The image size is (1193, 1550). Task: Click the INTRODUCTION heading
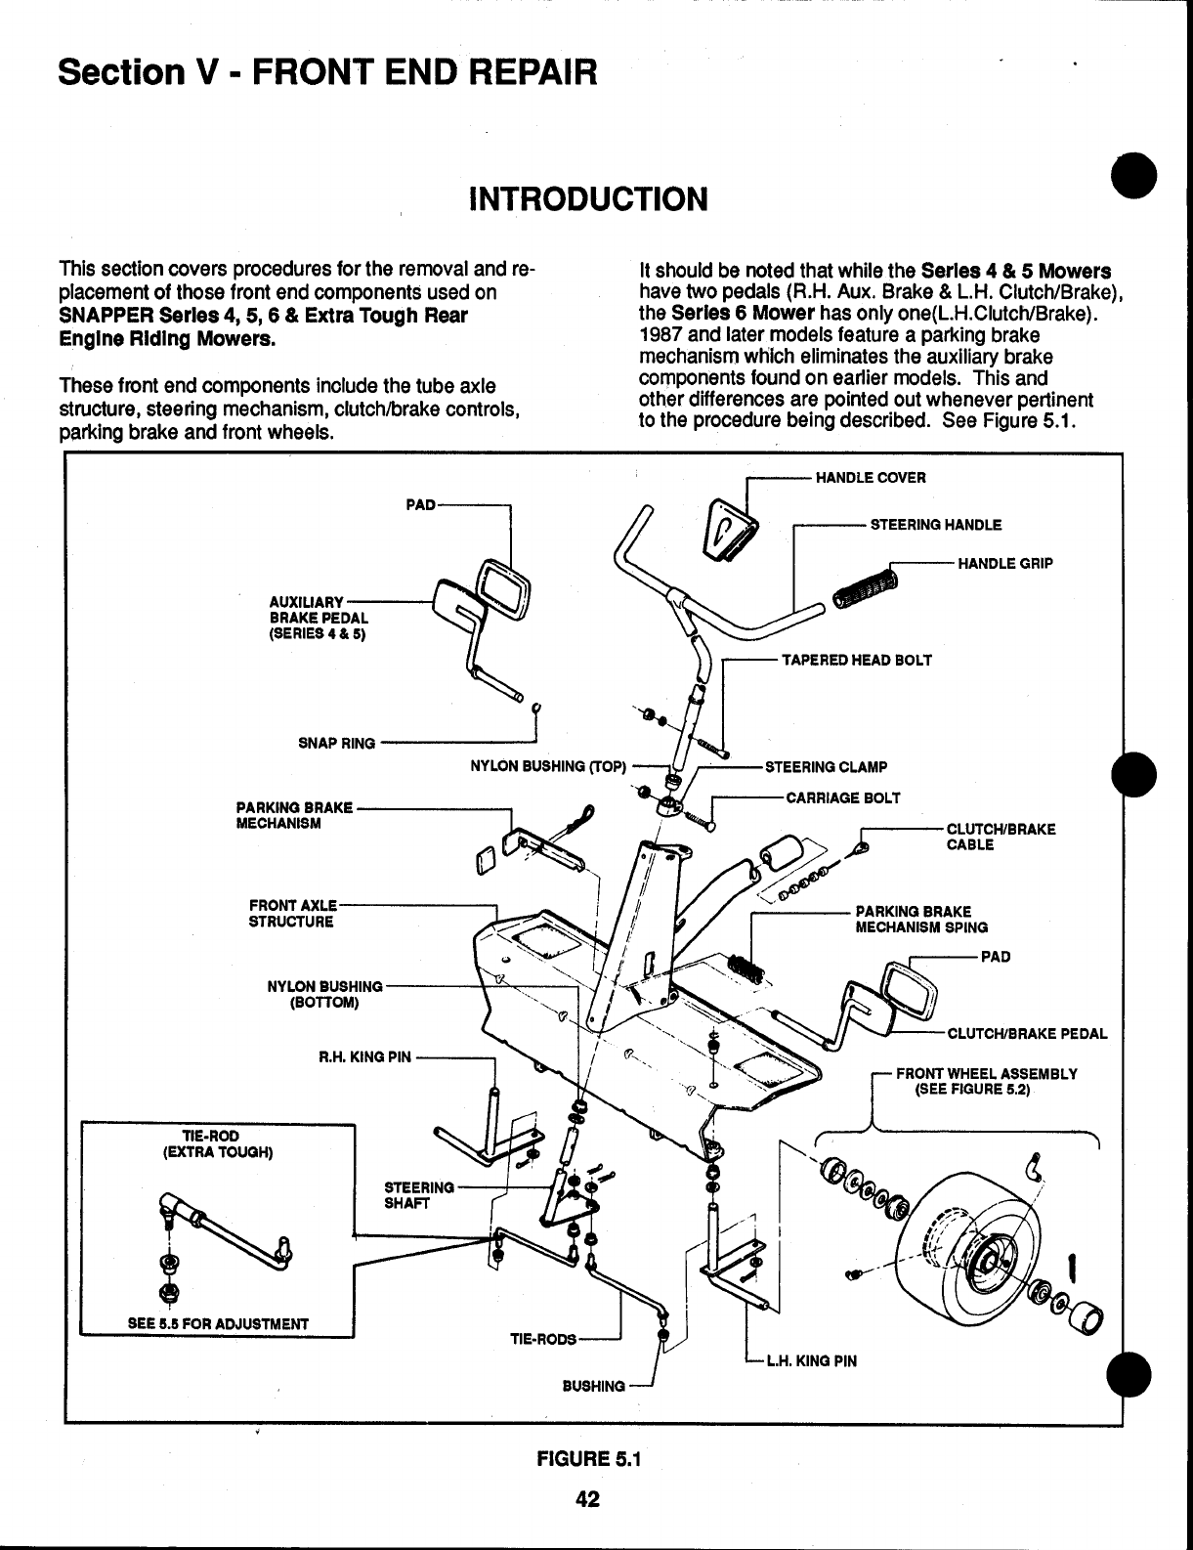click(588, 199)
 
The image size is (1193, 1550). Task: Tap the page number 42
click(586, 1499)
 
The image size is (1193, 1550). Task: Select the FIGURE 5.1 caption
click(586, 1460)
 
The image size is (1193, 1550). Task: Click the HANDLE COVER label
click(870, 478)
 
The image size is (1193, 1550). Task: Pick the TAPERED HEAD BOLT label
click(856, 660)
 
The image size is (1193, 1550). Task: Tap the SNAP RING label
click(336, 743)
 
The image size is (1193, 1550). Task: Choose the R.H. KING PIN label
click(365, 1056)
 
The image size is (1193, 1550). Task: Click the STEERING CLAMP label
click(826, 767)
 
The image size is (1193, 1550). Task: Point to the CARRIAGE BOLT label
click(843, 797)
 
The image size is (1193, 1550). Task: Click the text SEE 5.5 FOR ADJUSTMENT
click(218, 1324)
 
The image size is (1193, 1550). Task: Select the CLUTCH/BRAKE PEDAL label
click(1027, 1033)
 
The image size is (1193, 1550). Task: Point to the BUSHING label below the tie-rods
click(593, 1386)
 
